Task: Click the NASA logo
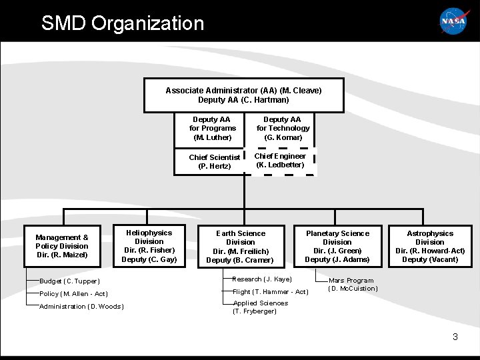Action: [453, 21]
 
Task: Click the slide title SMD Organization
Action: [123, 23]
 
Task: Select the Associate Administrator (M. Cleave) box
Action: [244, 95]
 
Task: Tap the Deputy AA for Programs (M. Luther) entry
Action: [213, 129]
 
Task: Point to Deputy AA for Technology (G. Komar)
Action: [283, 129]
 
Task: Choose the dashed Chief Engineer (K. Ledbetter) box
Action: [280, 161]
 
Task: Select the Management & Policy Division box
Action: [62, 246]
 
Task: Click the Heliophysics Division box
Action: [149, 246]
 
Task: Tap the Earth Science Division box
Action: [240, 247]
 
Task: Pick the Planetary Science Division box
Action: [337, 246]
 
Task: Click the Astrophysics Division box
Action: [430, 246]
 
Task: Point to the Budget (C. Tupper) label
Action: [70, 281]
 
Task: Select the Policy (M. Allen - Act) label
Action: [74, 294]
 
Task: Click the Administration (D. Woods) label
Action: [81, 307]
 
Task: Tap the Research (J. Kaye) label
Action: [263, 279]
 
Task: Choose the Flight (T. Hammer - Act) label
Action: [271, 292]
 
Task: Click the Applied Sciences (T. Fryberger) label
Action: [260, 307]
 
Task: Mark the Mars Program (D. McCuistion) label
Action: [353, 285]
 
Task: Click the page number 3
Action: [455, 337]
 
